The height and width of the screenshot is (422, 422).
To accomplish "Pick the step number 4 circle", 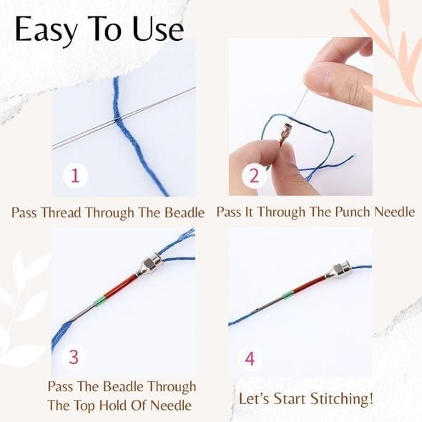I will click(x=250, y=358).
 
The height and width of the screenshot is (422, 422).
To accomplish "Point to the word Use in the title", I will click(x=156, y=30).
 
